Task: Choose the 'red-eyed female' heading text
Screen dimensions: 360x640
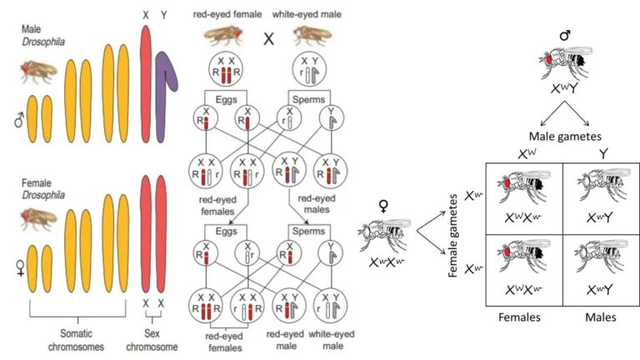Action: [228, 15]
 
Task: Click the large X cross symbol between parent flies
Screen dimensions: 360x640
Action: [269, 38]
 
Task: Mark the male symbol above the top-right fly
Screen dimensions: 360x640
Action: [564, 36]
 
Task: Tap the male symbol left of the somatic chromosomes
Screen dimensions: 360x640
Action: [17, 122]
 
